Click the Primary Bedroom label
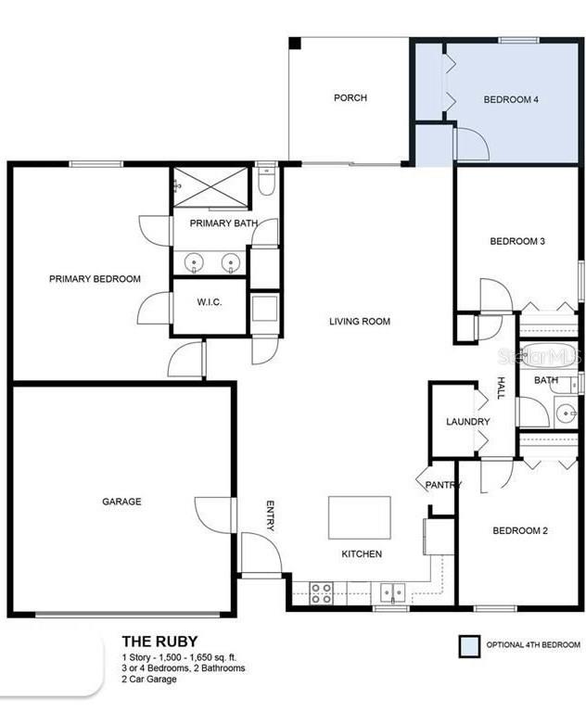click(95, 279)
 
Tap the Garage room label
click(121, 502)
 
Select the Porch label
click(350, 97)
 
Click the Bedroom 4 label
click(511, 99)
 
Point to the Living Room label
click(360, 322)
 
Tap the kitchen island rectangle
click(360, 517)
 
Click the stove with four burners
click(321, 593)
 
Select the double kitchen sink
click(392, 592)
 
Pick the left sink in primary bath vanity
click(194, 263)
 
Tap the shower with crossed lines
click(210, 187)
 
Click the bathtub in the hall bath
click(549, 356)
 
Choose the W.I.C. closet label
click(210, 302)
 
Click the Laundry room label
click(468, 422)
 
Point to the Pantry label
click(443, 485)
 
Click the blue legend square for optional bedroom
click(469, 645)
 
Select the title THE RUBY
click(159, 642)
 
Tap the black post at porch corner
click(295, 44)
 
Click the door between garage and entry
click(234, 515)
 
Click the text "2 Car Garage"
click(149, 680)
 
